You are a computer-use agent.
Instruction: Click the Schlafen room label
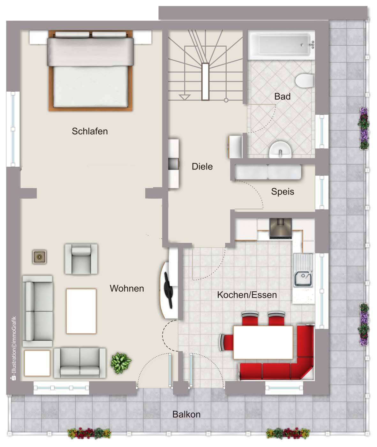point(90,131)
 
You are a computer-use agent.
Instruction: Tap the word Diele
point(202,167)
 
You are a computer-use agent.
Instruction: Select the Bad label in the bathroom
point(283,96)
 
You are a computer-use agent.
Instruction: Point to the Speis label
point(283,192)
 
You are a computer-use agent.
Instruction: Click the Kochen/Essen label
point(247,295)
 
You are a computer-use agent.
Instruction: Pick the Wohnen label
point(127,288)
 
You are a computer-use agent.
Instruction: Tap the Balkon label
point(186,414)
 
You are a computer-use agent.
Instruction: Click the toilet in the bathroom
point(305,81)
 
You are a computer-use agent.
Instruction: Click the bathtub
point(281,45)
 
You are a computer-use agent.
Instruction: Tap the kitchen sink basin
point(303,279)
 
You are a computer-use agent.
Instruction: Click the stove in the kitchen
point(281,228)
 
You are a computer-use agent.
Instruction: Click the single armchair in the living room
point(81,259)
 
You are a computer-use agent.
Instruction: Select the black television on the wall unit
point(168,290)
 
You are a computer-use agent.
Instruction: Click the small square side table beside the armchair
point(39,257)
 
